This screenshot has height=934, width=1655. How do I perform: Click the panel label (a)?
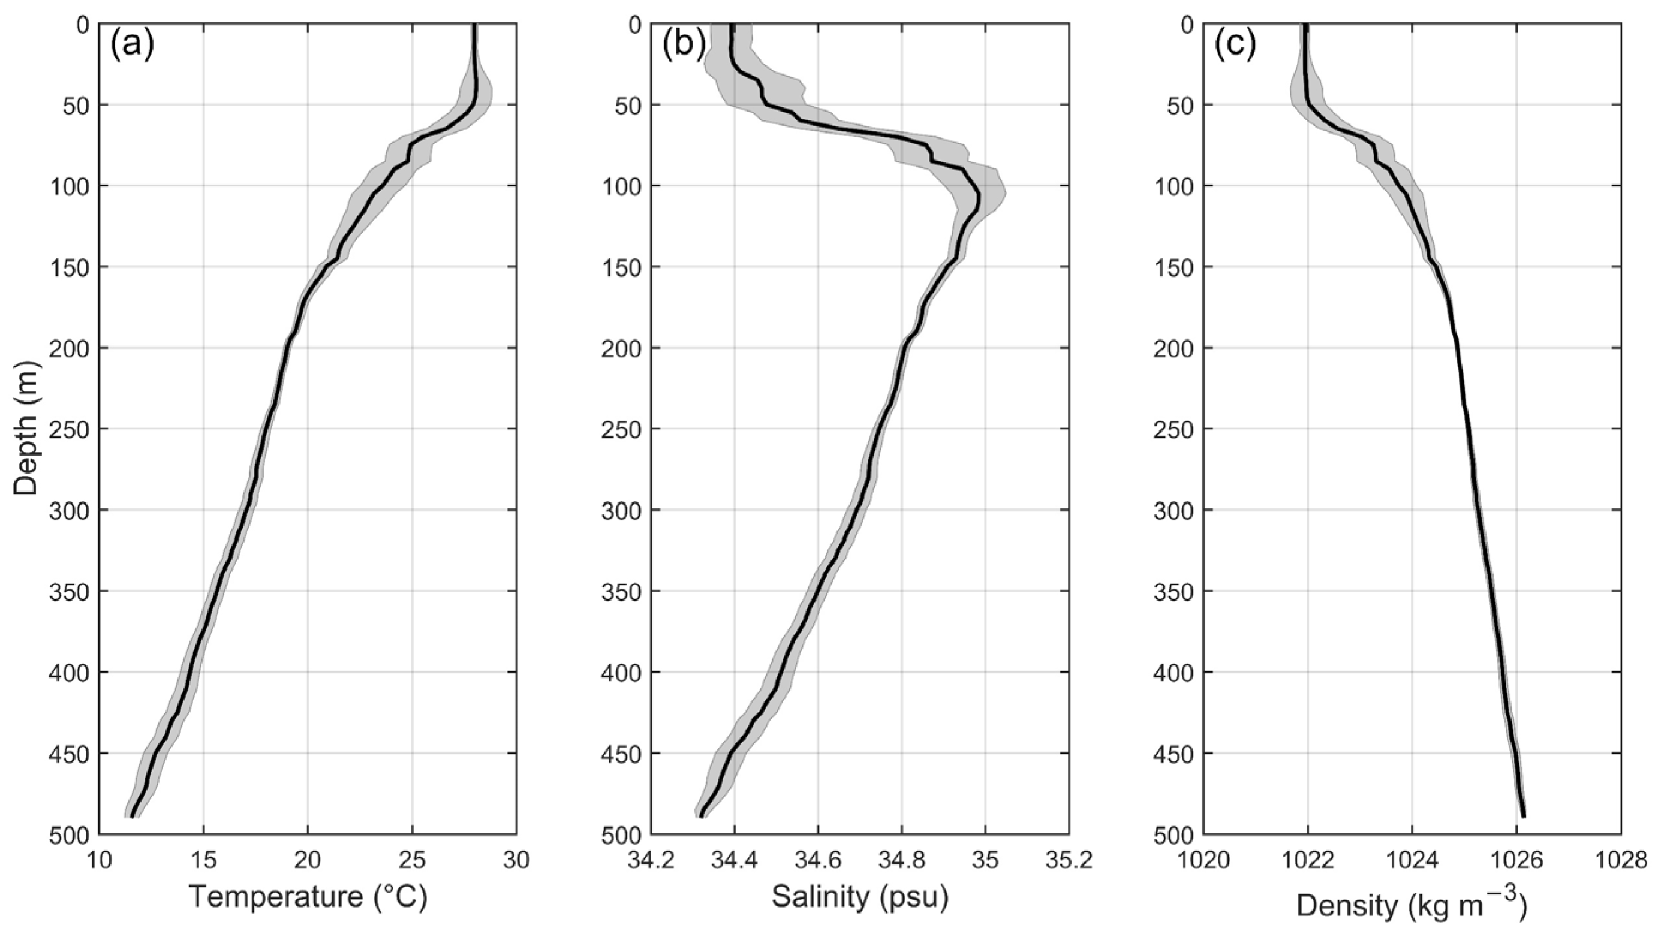pyautogui.click(x=133, y=46)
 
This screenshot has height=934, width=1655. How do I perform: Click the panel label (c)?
pyautogui.click(x=1235, y=46)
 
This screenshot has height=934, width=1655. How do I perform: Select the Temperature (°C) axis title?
pyautogui.click(x=308, y=897)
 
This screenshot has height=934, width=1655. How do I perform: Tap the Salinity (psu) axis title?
pyautogui.click(x=860, y=897)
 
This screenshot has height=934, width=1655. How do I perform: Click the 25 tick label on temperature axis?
pyautogui.click(x=412, y=860)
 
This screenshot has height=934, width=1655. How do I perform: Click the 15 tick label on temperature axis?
pyautogui.click(x=203, y=860)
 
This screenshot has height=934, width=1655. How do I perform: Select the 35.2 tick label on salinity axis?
pyautogui.click(x=1069, y=860)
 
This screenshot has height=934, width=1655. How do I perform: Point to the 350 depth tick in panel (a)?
pyautogui.click(x=68, y=592)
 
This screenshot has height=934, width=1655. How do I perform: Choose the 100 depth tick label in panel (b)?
pyautogui.click(x=621, y=186)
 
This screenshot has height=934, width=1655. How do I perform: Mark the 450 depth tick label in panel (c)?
pyautogui.click(x=1173, y=754)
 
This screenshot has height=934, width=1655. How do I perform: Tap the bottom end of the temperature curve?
pyautogui.click(x=132, y=817)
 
